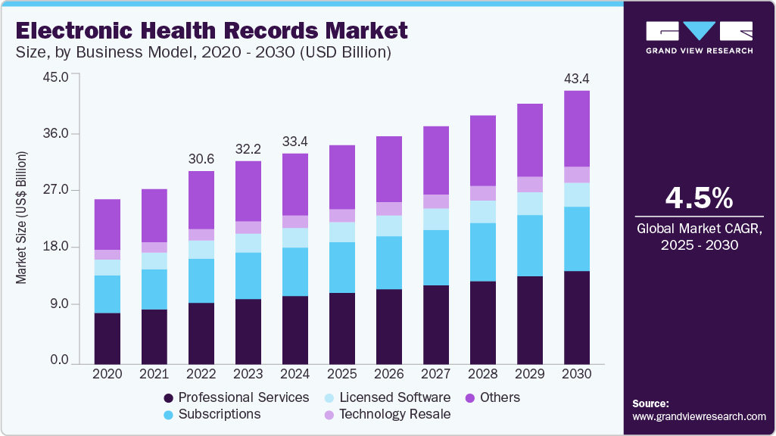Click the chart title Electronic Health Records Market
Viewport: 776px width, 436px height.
tap(211, 31)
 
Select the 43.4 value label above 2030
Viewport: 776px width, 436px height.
tap(577, 79)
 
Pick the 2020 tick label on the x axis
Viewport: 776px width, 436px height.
tap(108, 374)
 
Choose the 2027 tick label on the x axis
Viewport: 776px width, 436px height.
tap(436, 374)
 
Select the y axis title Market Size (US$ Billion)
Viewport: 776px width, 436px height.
tap(21, 218)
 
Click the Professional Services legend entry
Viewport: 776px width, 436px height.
tap(236, 397)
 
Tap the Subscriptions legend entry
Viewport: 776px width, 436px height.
tap(212, 414)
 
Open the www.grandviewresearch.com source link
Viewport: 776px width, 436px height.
tap(699, 416)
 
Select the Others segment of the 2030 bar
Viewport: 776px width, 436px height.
tap(577, 129)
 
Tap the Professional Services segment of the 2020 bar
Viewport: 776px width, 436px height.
tap(108, 338)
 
